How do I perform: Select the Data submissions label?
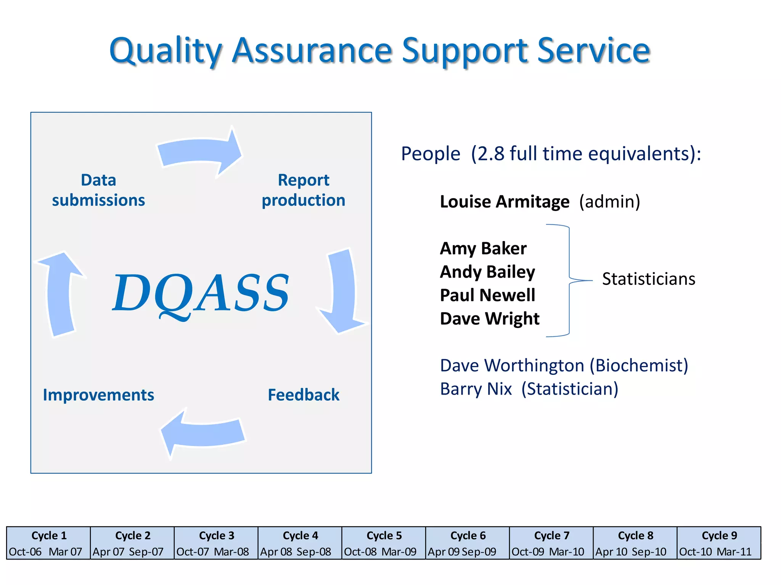98,190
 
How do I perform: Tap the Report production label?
303,190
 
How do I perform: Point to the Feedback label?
303,395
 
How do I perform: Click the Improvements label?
98,395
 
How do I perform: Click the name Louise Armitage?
504,201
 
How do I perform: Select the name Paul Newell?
487,295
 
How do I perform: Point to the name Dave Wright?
490,318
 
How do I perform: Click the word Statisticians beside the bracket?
648,279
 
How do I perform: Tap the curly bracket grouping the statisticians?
569,281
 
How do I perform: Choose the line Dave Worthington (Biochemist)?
564,365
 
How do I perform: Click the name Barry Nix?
476,389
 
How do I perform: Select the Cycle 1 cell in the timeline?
48,543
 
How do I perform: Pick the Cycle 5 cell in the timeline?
384,543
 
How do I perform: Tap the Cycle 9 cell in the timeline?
719,543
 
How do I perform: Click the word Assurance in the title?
312,50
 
